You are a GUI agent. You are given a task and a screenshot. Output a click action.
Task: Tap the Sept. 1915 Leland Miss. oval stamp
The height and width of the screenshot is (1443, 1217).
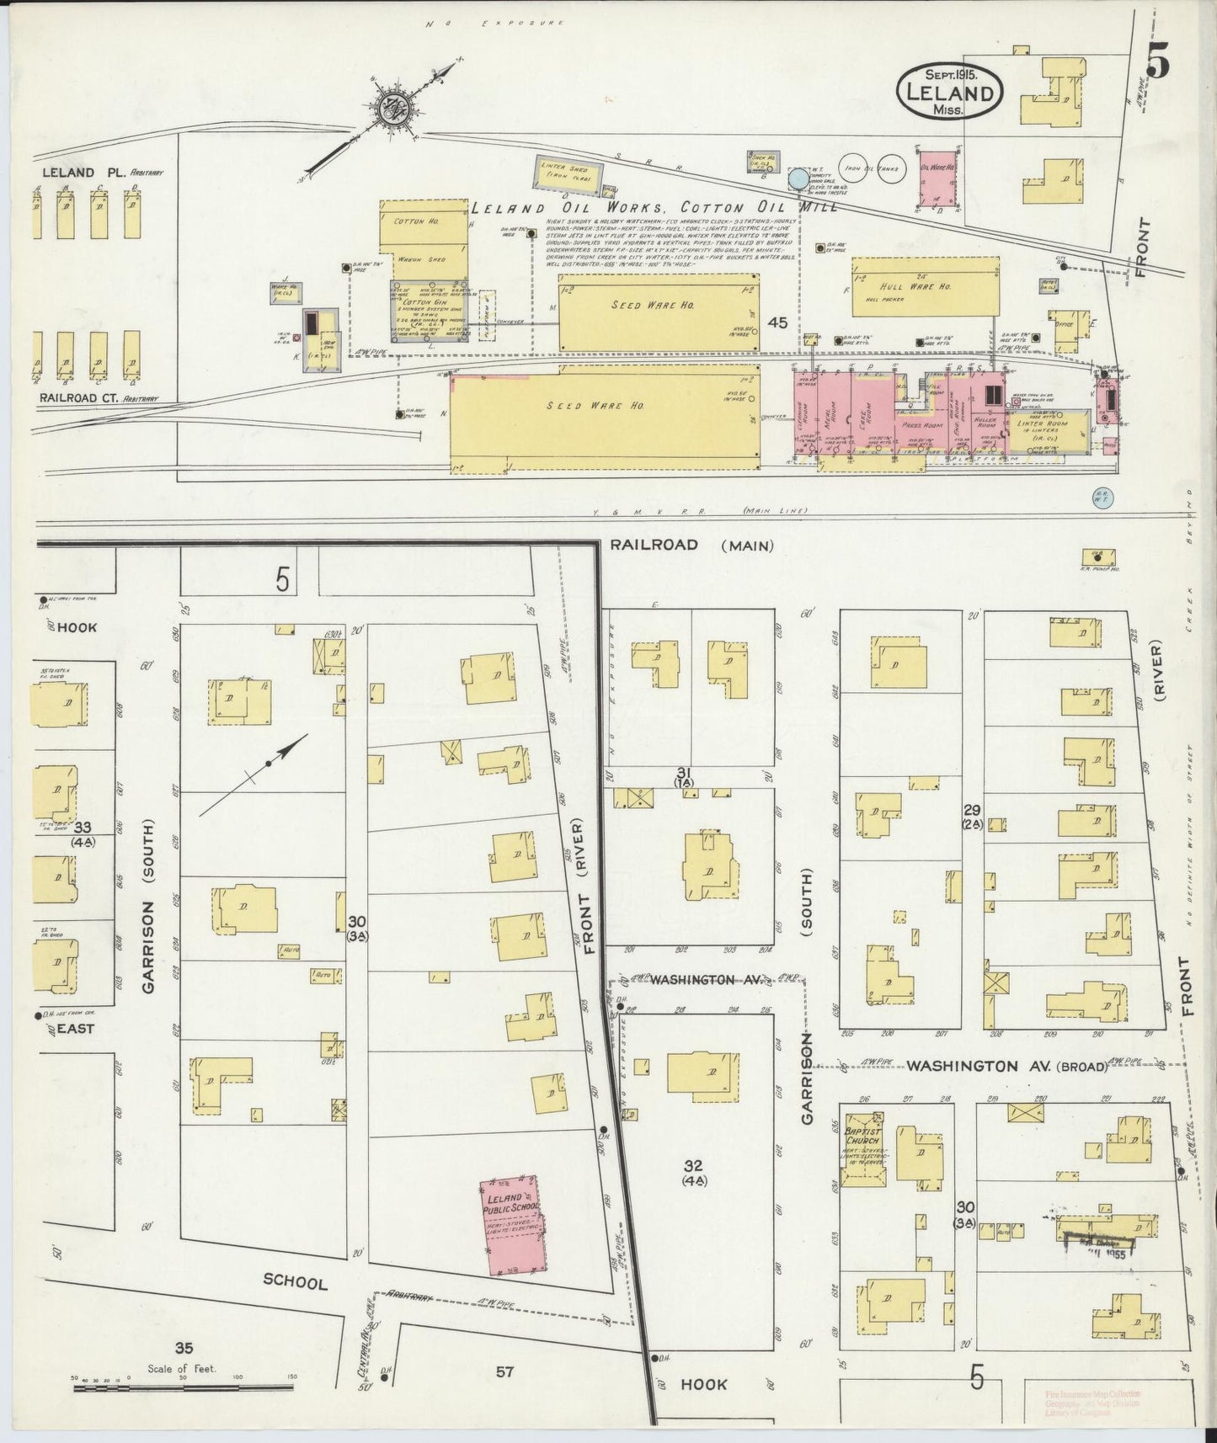point(950,91)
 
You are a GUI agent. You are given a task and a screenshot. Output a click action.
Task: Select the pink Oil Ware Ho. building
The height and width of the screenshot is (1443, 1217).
point(937,178)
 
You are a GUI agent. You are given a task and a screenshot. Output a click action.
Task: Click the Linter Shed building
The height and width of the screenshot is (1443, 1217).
point(571,173)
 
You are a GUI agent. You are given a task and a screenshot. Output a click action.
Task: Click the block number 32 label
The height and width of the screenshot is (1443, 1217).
point(694,1165)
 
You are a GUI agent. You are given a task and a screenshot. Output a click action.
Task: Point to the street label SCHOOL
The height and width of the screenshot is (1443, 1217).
point(295,1283)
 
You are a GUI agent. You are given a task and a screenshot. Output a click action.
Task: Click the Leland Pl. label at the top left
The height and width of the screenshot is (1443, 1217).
point(83,172)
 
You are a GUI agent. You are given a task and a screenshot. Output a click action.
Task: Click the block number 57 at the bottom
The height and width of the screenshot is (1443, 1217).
point(504,1371)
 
